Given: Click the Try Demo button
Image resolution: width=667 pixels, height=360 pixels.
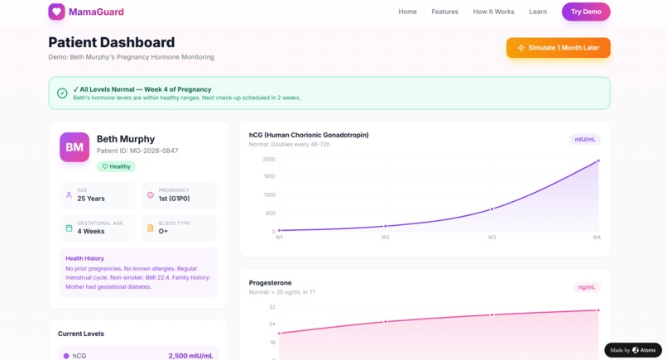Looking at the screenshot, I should [x=586, y=12].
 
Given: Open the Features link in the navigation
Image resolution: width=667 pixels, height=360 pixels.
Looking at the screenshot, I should [x=444, y=12].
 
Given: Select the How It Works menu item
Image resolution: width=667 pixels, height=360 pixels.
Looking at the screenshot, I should [x=493, y=12].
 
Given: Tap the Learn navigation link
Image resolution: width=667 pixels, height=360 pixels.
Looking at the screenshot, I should [x=538, y=12].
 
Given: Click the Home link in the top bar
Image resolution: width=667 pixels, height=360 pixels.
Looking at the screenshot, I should [x=407, y=12].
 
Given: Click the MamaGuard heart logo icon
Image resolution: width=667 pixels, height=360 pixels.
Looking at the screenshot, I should [x=56, y=12].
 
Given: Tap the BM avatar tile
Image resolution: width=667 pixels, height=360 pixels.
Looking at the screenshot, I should [x=74, y=147].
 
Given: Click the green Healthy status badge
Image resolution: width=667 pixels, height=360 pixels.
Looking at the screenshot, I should [x=116, y=166].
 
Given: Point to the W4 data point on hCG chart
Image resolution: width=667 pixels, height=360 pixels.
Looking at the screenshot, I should [x=598, y=161].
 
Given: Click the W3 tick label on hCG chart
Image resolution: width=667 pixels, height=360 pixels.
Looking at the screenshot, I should [x=492, y=238].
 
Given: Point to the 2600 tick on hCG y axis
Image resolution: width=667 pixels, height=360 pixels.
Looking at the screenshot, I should [x=269, y=159].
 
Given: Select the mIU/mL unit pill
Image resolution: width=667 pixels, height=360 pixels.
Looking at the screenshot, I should [x=585, y=139].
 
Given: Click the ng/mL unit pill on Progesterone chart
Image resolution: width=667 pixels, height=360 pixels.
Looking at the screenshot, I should [x=587, y=287].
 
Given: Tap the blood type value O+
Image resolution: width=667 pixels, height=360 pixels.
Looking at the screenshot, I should [x=164, y=232].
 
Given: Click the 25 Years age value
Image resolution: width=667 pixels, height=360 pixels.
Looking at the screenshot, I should [x=91, y=199].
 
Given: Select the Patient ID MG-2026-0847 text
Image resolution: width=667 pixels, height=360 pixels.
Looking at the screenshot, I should [x=137, y=151].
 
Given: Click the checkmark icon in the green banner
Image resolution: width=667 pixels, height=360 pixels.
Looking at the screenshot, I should [x=62, y=93].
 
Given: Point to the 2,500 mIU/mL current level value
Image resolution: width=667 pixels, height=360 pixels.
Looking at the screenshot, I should [x=190, y=356].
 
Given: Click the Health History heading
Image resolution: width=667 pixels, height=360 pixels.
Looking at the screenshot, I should [x=84, y=258].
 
